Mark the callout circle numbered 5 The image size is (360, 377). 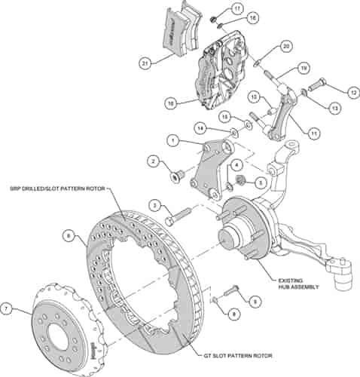click(260, 182)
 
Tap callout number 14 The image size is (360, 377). click(200, 127)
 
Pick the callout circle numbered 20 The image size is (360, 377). click(285, 46)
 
